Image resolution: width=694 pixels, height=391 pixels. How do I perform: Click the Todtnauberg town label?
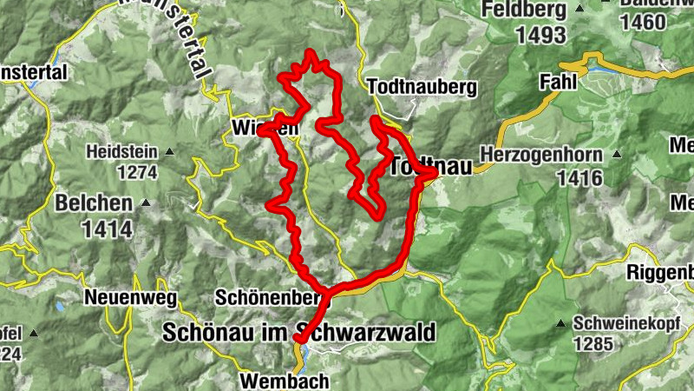coord(422,88)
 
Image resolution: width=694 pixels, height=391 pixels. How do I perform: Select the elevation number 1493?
coord(540,35)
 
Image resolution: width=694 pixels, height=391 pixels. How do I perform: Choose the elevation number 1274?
coord(134,172)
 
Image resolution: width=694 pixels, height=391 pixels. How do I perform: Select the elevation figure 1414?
coord(107,229)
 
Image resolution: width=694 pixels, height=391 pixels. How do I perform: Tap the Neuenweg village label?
coord(130,297)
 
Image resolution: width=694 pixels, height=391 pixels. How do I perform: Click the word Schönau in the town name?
coord(204,333)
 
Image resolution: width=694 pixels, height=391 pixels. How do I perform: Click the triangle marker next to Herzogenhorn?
coord(617,154)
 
